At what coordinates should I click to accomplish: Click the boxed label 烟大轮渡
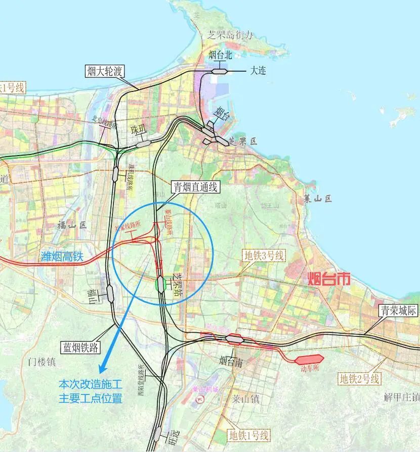coord(105,71)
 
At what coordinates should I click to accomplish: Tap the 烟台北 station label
coord(220,55)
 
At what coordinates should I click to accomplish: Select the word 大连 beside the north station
coord(258,71)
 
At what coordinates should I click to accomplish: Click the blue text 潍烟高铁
coord(61,257)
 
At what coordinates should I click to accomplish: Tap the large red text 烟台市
coord(329,278)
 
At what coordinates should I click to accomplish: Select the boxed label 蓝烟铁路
coord(80,347)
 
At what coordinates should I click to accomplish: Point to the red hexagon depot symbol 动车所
coord(309,360)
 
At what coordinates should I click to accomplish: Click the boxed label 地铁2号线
coord(359,378)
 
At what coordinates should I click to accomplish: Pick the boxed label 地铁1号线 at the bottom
coord(248,435)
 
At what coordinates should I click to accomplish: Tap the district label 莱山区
coord(317,198)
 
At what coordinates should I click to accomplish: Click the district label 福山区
coord(72,225)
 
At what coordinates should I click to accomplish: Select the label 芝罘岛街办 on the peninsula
coord(229,35)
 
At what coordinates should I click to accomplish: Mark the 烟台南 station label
coord(232,361)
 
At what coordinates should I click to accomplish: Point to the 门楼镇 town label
coord(41,362)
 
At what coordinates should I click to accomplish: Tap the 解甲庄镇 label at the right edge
coord(402,397)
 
